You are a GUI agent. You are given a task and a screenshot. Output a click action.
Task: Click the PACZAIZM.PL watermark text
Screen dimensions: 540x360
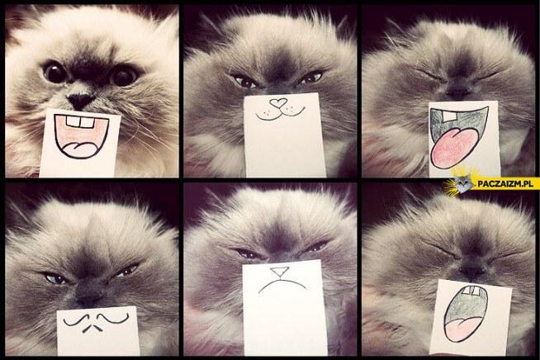click(505, 183)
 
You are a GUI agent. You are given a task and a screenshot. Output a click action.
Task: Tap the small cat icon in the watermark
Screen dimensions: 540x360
click(463, 183)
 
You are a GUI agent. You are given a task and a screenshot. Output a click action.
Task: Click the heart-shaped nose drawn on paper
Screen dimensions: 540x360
click(278, 102)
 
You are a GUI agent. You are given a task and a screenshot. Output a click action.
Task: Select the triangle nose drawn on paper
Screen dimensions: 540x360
click(279, 272)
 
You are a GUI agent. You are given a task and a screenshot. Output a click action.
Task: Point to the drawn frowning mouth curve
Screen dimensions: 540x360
click(282, 285)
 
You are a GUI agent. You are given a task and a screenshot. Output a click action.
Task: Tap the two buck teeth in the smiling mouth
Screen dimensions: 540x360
click(80, 122)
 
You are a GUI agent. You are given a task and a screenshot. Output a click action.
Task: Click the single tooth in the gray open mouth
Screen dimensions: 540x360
click(448, 116)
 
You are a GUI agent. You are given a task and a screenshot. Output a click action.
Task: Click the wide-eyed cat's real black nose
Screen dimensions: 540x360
click(81, 100)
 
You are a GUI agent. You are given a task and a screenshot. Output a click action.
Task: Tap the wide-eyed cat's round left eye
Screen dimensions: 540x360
click(54, 72)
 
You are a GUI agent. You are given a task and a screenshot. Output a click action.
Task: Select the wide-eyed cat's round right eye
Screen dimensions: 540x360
click(125, 75)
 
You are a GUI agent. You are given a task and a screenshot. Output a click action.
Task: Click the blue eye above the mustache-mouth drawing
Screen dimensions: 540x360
click(55, 278)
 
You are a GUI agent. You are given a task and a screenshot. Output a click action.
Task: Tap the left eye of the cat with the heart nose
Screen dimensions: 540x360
click(245, 82)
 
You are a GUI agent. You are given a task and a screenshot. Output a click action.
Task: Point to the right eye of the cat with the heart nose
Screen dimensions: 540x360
click(311, 78)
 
